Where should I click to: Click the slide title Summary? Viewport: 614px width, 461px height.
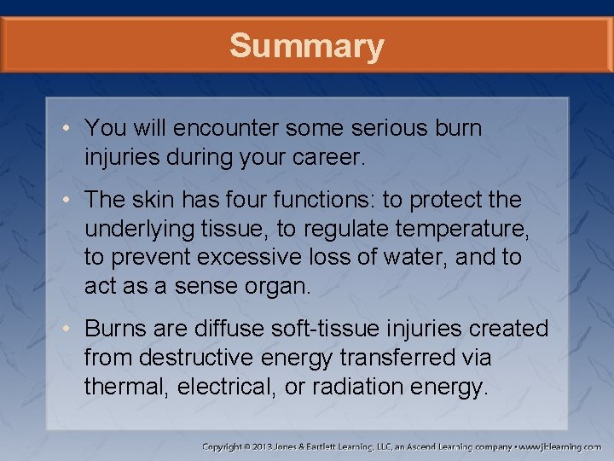306,46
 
